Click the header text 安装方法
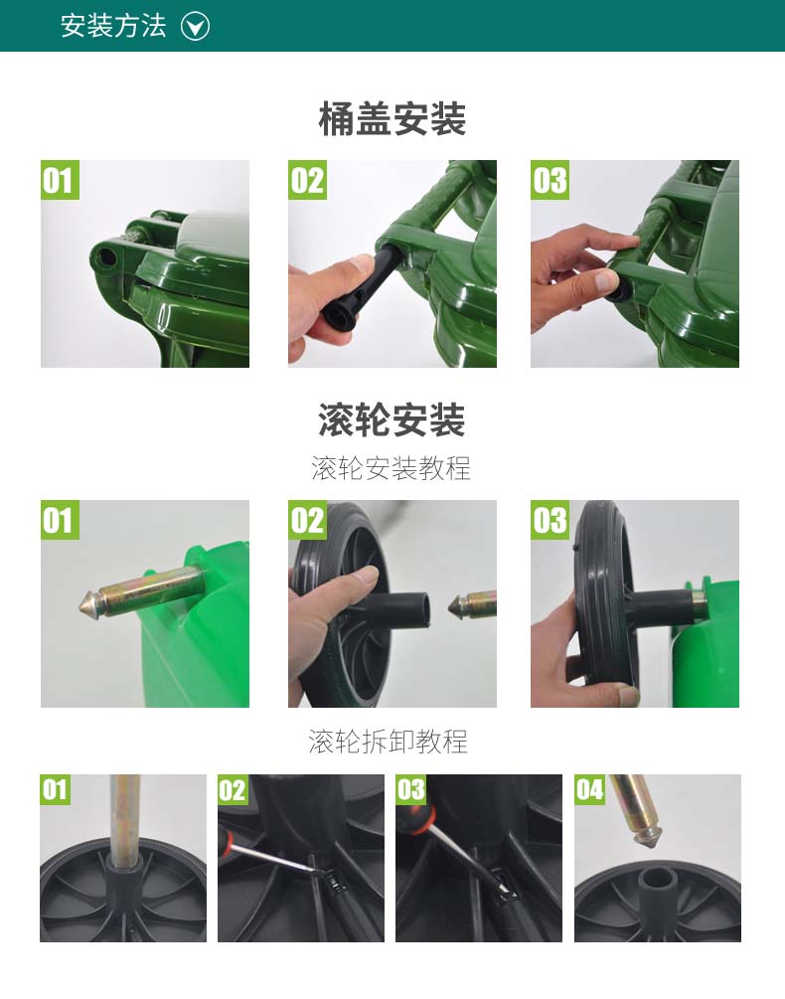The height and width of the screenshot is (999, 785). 113,26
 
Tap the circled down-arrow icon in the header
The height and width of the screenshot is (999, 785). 195,27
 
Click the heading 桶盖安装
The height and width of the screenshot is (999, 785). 392,118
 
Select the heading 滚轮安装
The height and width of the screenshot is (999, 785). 392,419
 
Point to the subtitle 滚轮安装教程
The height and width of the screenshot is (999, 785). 391,468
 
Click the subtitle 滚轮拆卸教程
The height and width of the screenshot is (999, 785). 389,742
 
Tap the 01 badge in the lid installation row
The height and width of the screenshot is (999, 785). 60,180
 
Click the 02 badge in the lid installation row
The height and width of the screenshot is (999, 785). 307,180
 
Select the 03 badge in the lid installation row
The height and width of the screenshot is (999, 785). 550,180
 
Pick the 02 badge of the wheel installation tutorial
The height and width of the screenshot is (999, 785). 307,520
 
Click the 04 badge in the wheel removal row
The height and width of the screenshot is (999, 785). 589,790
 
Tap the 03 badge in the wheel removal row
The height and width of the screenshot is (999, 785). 410,790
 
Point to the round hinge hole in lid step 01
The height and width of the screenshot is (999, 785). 105,257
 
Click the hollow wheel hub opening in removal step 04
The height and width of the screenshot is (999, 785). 657,881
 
